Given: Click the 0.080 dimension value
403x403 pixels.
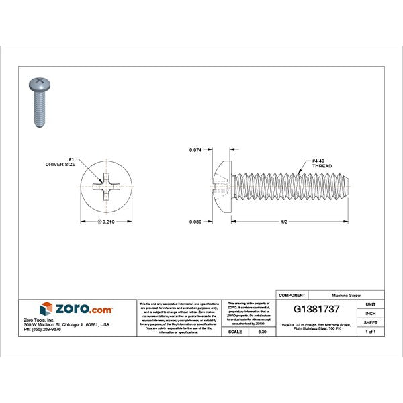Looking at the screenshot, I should tap(196, 222).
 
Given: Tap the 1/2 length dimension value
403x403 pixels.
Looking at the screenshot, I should tap(285, 222).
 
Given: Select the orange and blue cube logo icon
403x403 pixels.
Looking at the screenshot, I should tap(46, 309).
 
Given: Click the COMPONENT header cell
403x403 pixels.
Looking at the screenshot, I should tap(292, 295).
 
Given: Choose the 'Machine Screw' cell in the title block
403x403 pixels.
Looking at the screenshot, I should tap(346, 295).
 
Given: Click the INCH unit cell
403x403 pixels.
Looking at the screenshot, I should tap(370, 313).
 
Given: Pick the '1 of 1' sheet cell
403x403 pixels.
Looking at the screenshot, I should tap(370, 331).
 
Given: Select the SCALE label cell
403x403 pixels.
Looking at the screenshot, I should tap(236, 332).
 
